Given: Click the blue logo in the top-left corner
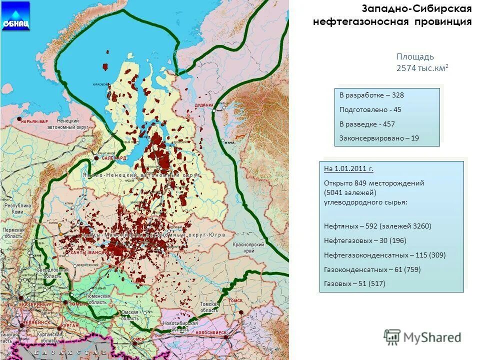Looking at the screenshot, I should (x=15, y=16).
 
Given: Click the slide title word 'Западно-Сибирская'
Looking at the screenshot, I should (x=417, y=9).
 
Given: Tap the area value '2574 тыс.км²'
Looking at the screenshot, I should (x=422, y=68).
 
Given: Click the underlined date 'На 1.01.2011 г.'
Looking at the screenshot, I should (x=348, y=168).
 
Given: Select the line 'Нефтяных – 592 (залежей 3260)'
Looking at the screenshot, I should (x=377, y=226).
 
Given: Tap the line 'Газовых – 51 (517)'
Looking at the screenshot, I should (x=354, y=283).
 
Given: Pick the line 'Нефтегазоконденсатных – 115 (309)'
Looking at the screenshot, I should (x=384, y=255).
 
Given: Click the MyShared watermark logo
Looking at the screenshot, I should (x=422, y=337).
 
